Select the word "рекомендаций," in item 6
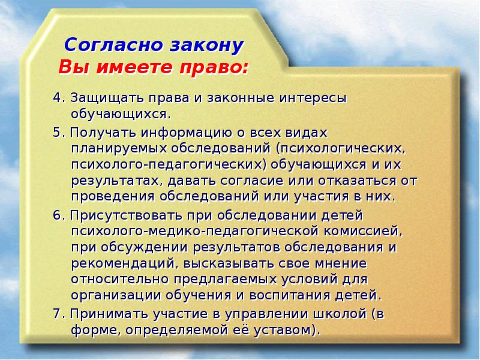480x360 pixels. pyautogui.click(x=110, y=263)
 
